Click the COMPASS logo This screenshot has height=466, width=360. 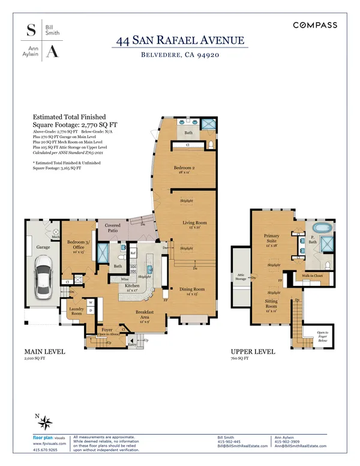tap(315, 25)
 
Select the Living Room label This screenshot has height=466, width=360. tap(194, 225)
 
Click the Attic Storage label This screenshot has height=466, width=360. tap(241, 277)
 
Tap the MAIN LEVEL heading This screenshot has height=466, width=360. tap(45, 351)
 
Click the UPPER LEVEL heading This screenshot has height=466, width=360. tap(253, 351)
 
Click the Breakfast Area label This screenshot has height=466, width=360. tap(145, 314)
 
